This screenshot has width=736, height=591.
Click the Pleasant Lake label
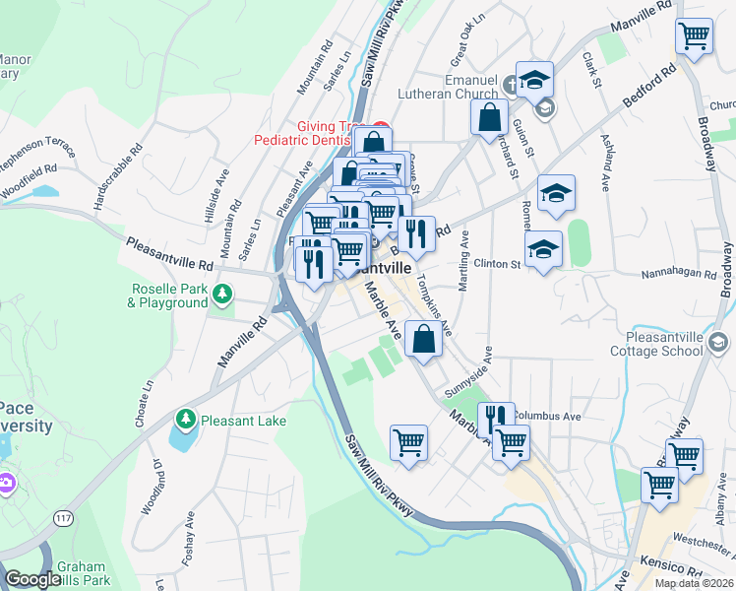click(x=243, y=421)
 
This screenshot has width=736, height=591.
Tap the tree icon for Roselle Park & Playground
click(x=224, y=293)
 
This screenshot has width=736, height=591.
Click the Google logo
click(x=31, y=579)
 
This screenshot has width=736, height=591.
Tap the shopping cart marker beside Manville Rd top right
click(x=695, y=37)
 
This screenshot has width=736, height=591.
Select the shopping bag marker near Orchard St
click(x=489, y=119)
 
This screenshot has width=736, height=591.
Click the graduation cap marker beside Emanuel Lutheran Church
click(x=534, y=81)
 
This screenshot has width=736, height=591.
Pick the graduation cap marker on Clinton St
click(x=543, y=251)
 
